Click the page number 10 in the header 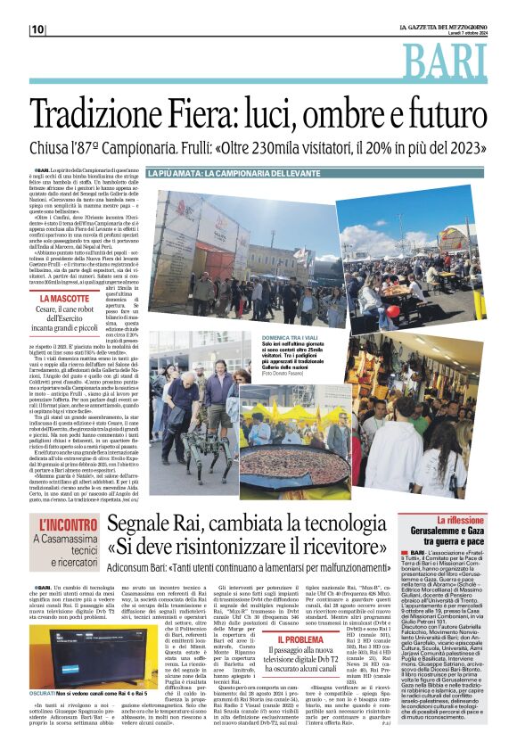coord(37,29)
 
